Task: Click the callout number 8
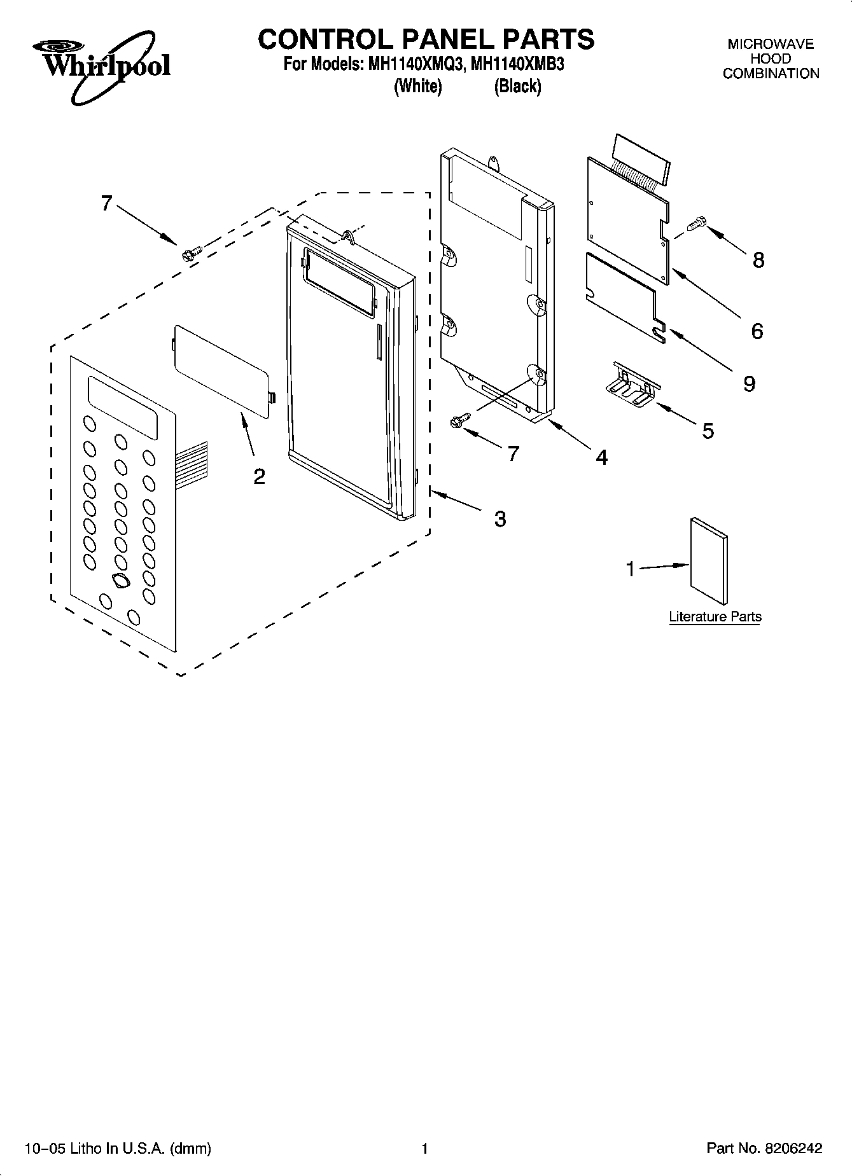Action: pos(758,260)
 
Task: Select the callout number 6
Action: pos(757,331)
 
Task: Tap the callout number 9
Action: pos(750,384)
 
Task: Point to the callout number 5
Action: pos(708,431)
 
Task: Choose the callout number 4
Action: pos(601,457)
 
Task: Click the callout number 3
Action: pos(500,519)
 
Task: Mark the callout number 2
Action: pos(259,476)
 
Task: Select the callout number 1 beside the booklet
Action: pos(631,569)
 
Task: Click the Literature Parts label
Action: pos(715,616)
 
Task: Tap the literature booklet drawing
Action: pos(708,560)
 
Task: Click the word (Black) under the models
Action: pos(517,86)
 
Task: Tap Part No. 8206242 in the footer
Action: pos(764,1148)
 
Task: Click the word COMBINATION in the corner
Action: pos(771,74)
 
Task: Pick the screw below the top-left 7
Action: pos(190,253)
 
